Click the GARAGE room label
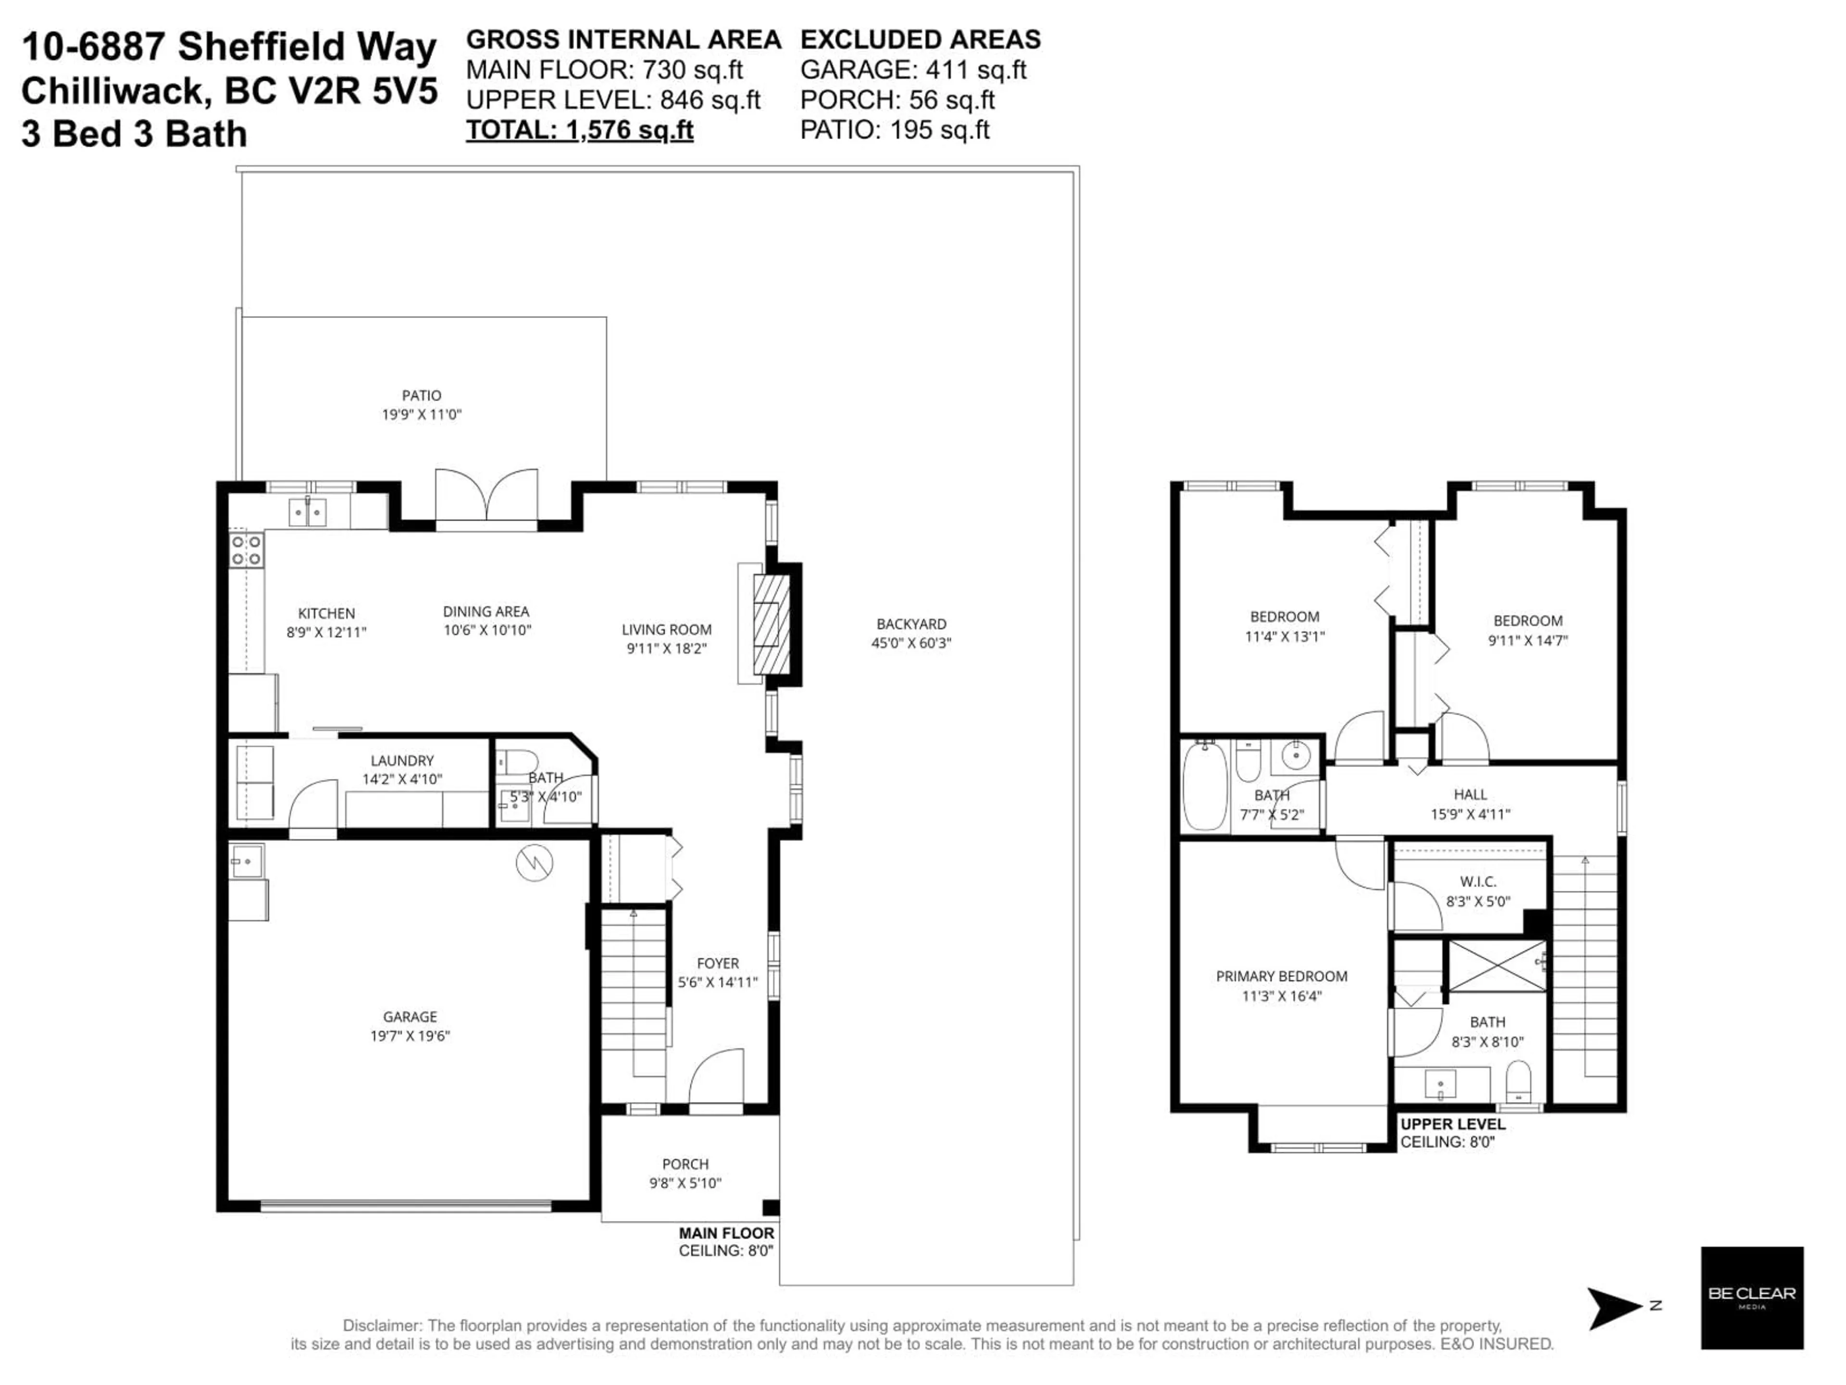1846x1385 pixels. click(x=410, y=1016)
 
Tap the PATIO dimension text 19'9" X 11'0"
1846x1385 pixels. click(x=422, y=414)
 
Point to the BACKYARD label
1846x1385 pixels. click(x=911, y=624)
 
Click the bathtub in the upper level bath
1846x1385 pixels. click(x=1204, y=786)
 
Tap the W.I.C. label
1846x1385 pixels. click(x=1478, y=881)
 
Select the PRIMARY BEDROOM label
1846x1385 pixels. click(x=1281, y=976)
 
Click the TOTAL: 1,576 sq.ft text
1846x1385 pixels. click(x=579, y=130)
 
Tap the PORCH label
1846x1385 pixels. click(x=685, y=1164)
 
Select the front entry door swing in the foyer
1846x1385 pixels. click(x=716, y=1080)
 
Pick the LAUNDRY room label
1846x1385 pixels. click(x=402, y=760)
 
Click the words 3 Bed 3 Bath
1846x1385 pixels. click(x=134, y=134)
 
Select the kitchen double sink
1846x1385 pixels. click(x=307, y=511)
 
